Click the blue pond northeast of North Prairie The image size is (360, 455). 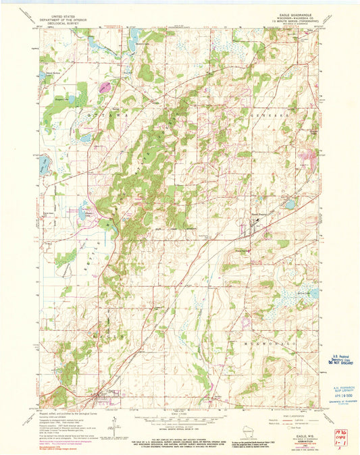[x=290, y=203]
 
